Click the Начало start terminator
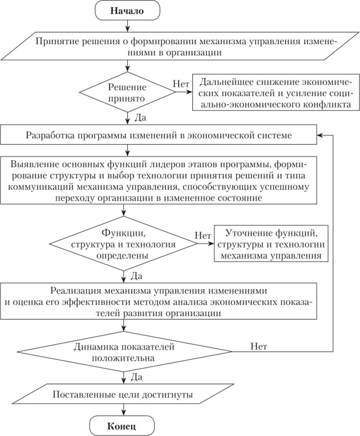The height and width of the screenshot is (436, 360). coord(127,11)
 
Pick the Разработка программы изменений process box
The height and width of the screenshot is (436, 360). coord(159,136)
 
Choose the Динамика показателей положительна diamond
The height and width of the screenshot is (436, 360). coord(124,353)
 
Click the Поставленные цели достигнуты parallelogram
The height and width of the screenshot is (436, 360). coord(123,395)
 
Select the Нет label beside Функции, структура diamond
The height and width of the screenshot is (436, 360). coord(203,236)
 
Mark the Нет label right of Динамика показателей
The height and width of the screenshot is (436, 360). coord(259,347)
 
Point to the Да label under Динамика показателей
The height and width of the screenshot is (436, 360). coord(136,376)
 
